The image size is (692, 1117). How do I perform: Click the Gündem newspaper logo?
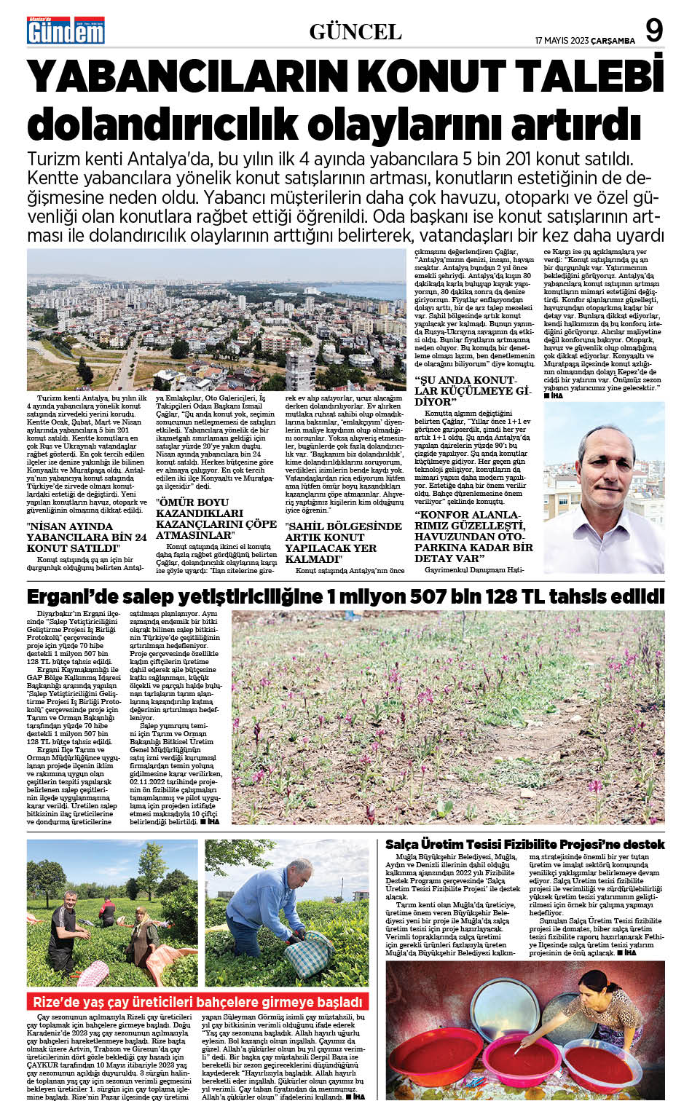pyautogui.click(x=66, y=31)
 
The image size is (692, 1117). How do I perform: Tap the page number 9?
pyautogui.click(x=654, y=31)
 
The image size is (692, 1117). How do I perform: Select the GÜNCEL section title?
pyautogui.click(x=355, y=32)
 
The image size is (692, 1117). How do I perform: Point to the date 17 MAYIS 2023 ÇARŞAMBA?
pyautogui.click(x=585, y=41)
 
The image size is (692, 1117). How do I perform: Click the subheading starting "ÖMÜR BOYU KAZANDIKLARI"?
pyautogui.click(x=216, y=518)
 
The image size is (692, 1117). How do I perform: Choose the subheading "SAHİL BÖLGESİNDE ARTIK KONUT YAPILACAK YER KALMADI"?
pyautogui.click(x=343, y=542)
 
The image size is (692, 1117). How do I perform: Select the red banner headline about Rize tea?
pyautogui.click(x=197, y=1002)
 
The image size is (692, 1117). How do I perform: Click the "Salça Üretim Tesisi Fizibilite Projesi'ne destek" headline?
pyautogui.click(x=524, y=844)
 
